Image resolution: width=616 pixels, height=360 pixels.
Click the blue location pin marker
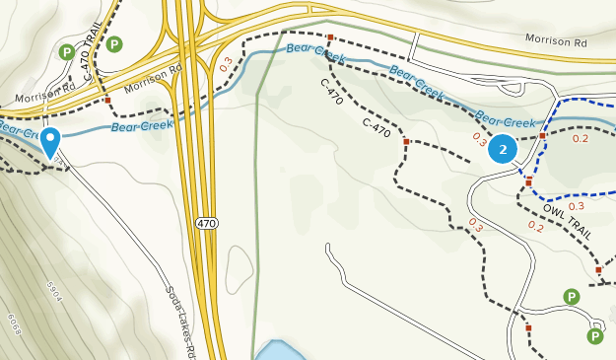pyautogui.click(x=50, y=143)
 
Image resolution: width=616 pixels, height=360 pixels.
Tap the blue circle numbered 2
pyautogui.click(x=503, y=149)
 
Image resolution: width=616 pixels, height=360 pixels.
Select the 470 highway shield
pyautogui.click(x=205, y=224)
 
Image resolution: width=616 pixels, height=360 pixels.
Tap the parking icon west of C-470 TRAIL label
pyautogui.click(x=67, y=52)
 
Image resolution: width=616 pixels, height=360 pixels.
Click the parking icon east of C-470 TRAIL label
pyautogui.click(x=115, y=43)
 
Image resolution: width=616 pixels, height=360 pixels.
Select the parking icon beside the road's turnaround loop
pyautogui.click(x=594, y=336)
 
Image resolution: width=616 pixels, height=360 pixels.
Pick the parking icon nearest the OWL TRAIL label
pyautogui.click(x=571, y=296)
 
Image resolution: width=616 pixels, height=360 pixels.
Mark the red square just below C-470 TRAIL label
pyautogui.click(x=107, y=100)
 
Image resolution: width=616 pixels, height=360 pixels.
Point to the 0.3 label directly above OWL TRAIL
pyautogui.click(x=577, y=206)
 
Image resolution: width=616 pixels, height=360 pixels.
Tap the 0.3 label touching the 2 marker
pyautogui.click(x=480, y=138)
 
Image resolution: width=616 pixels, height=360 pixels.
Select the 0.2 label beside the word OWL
pyautogui.click(x=535, y=226)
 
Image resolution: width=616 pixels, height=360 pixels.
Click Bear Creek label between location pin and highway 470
pyautogui.click(x=135, y=125)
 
